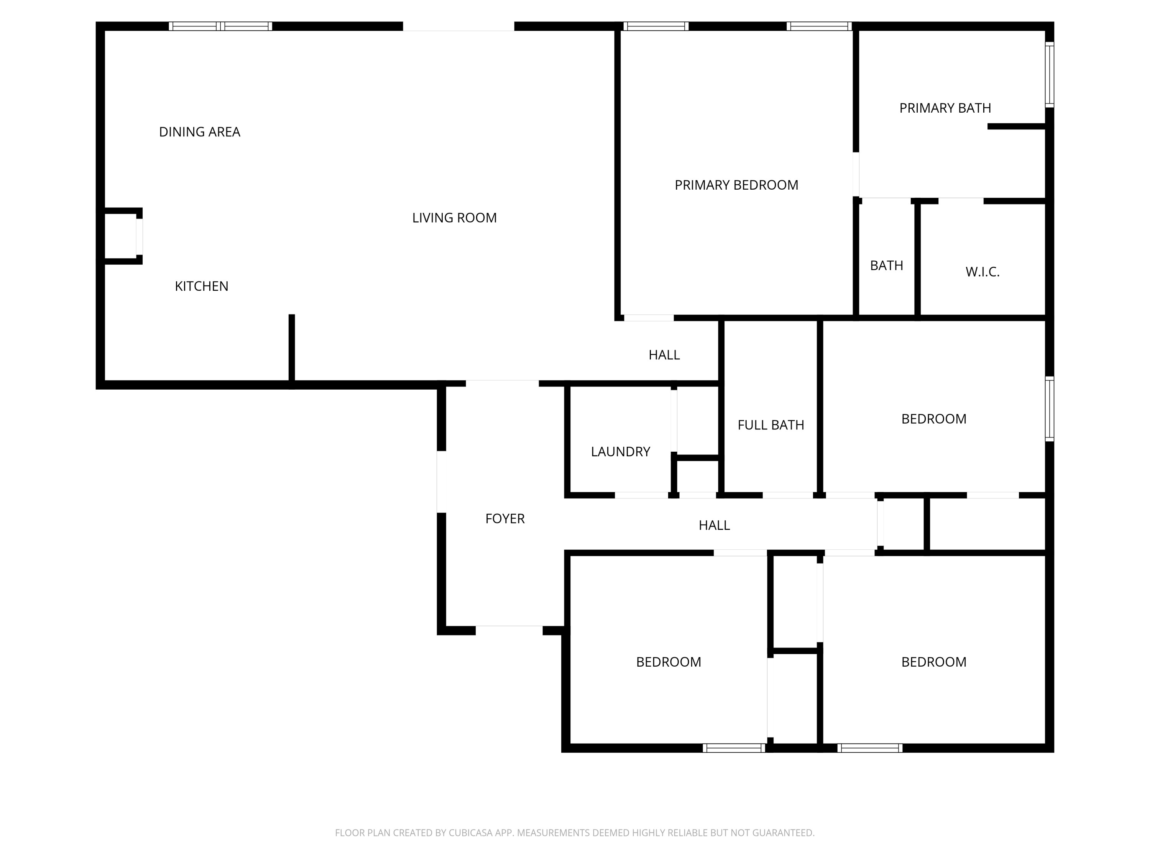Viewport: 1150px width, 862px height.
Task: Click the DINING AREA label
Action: (200, 132)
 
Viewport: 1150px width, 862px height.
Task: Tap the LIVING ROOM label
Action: (454, 218)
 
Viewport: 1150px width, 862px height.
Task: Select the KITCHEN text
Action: (202, 286)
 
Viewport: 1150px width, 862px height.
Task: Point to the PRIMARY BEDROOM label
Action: (736, 185)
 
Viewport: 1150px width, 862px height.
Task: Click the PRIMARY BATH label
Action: (945, 108)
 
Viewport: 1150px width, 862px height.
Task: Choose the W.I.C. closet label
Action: (982, 272)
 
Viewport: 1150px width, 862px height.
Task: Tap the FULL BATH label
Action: (770, 425)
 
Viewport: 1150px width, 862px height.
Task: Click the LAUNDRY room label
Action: (620, 452)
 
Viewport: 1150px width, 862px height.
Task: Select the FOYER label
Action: (505, 519)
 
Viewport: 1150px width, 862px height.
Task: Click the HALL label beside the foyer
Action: (714, 525)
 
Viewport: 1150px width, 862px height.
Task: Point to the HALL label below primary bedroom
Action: (664, 355)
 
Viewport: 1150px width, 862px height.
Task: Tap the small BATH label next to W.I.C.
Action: (886, 265)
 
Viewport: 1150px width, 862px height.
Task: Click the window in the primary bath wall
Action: (1050, 75)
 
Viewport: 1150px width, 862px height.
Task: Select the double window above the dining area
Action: (220, 26)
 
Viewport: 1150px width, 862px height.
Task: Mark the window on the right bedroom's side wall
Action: (1050, 409)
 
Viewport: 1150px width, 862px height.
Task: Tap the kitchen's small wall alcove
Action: (122, 236)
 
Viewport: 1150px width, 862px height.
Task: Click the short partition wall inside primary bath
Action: (1016, 126)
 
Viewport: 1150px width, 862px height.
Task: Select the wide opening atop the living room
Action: (458, 26)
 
